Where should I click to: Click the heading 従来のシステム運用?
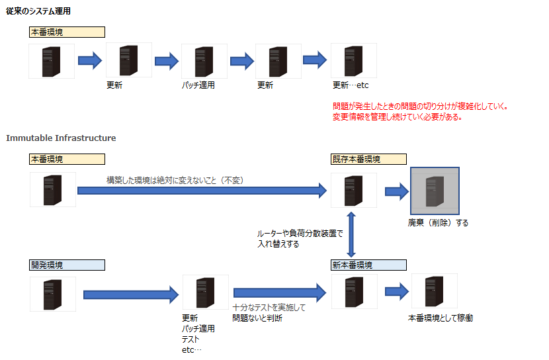38,12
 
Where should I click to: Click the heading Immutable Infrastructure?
61,138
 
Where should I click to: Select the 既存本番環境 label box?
368,159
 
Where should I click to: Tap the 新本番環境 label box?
368,265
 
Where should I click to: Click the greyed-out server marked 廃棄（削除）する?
435,191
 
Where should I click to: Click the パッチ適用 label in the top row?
198,85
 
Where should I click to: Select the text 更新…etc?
351,85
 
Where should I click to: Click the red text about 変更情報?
397,117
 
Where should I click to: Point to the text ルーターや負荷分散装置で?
300,234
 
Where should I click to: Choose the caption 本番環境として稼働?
441,318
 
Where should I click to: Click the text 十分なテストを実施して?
269,308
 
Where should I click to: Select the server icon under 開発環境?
53,294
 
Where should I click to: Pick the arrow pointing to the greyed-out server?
397,191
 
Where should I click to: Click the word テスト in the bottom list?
190,339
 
